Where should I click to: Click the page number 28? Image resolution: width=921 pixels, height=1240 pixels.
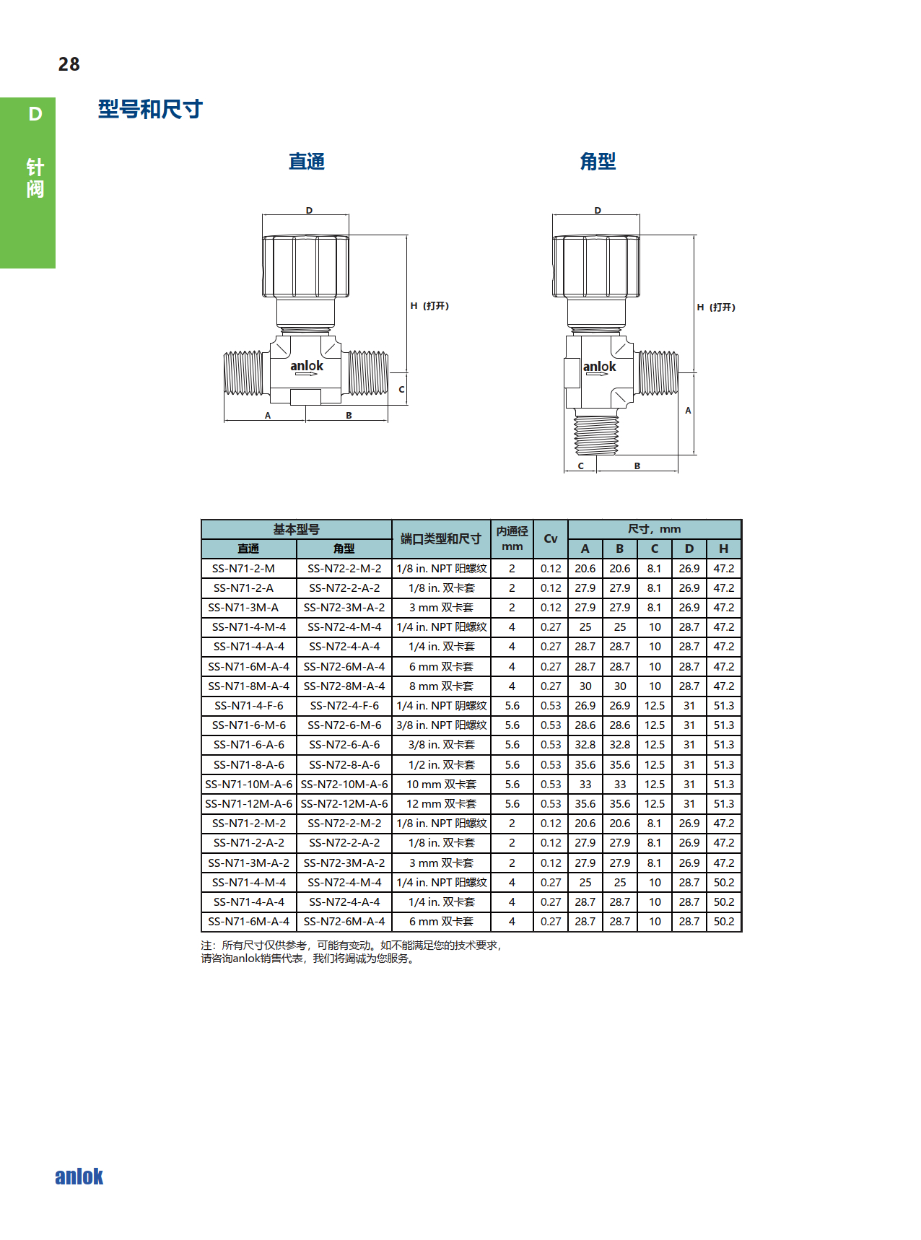69,64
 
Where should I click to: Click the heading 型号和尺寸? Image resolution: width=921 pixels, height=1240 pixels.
150,109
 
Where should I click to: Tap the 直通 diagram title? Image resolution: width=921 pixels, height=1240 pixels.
307,161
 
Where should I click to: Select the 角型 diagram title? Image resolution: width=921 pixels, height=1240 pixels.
598,161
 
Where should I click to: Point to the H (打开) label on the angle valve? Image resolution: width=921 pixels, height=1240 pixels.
716,307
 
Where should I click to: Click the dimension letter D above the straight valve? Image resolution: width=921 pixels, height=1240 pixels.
309,211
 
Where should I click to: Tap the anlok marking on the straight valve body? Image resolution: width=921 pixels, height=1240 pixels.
307,366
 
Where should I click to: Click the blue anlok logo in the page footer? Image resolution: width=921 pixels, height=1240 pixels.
79,1176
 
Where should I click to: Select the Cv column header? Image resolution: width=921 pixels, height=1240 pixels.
551,538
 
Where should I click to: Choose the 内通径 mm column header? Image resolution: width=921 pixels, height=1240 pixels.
512,538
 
